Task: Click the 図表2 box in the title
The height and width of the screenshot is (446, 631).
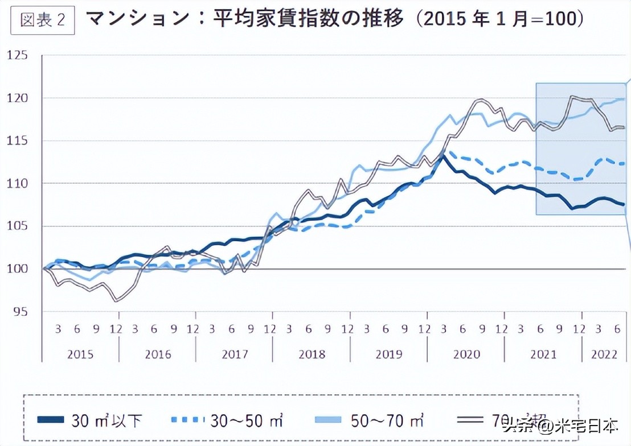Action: click(43, 20)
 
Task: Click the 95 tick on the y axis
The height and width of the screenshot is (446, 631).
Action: click(21, 312)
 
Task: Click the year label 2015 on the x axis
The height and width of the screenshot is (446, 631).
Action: click(80, 354)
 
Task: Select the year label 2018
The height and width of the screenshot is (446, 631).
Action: click(312, 354)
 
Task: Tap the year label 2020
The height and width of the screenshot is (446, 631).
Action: click(466, 354)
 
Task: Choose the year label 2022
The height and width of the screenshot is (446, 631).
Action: click(604, 354)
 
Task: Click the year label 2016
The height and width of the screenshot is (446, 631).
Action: click(158, 354)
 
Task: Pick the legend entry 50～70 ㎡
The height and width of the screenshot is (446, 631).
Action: click(387, 422)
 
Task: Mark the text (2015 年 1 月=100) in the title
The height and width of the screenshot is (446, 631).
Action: click(500, 19)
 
